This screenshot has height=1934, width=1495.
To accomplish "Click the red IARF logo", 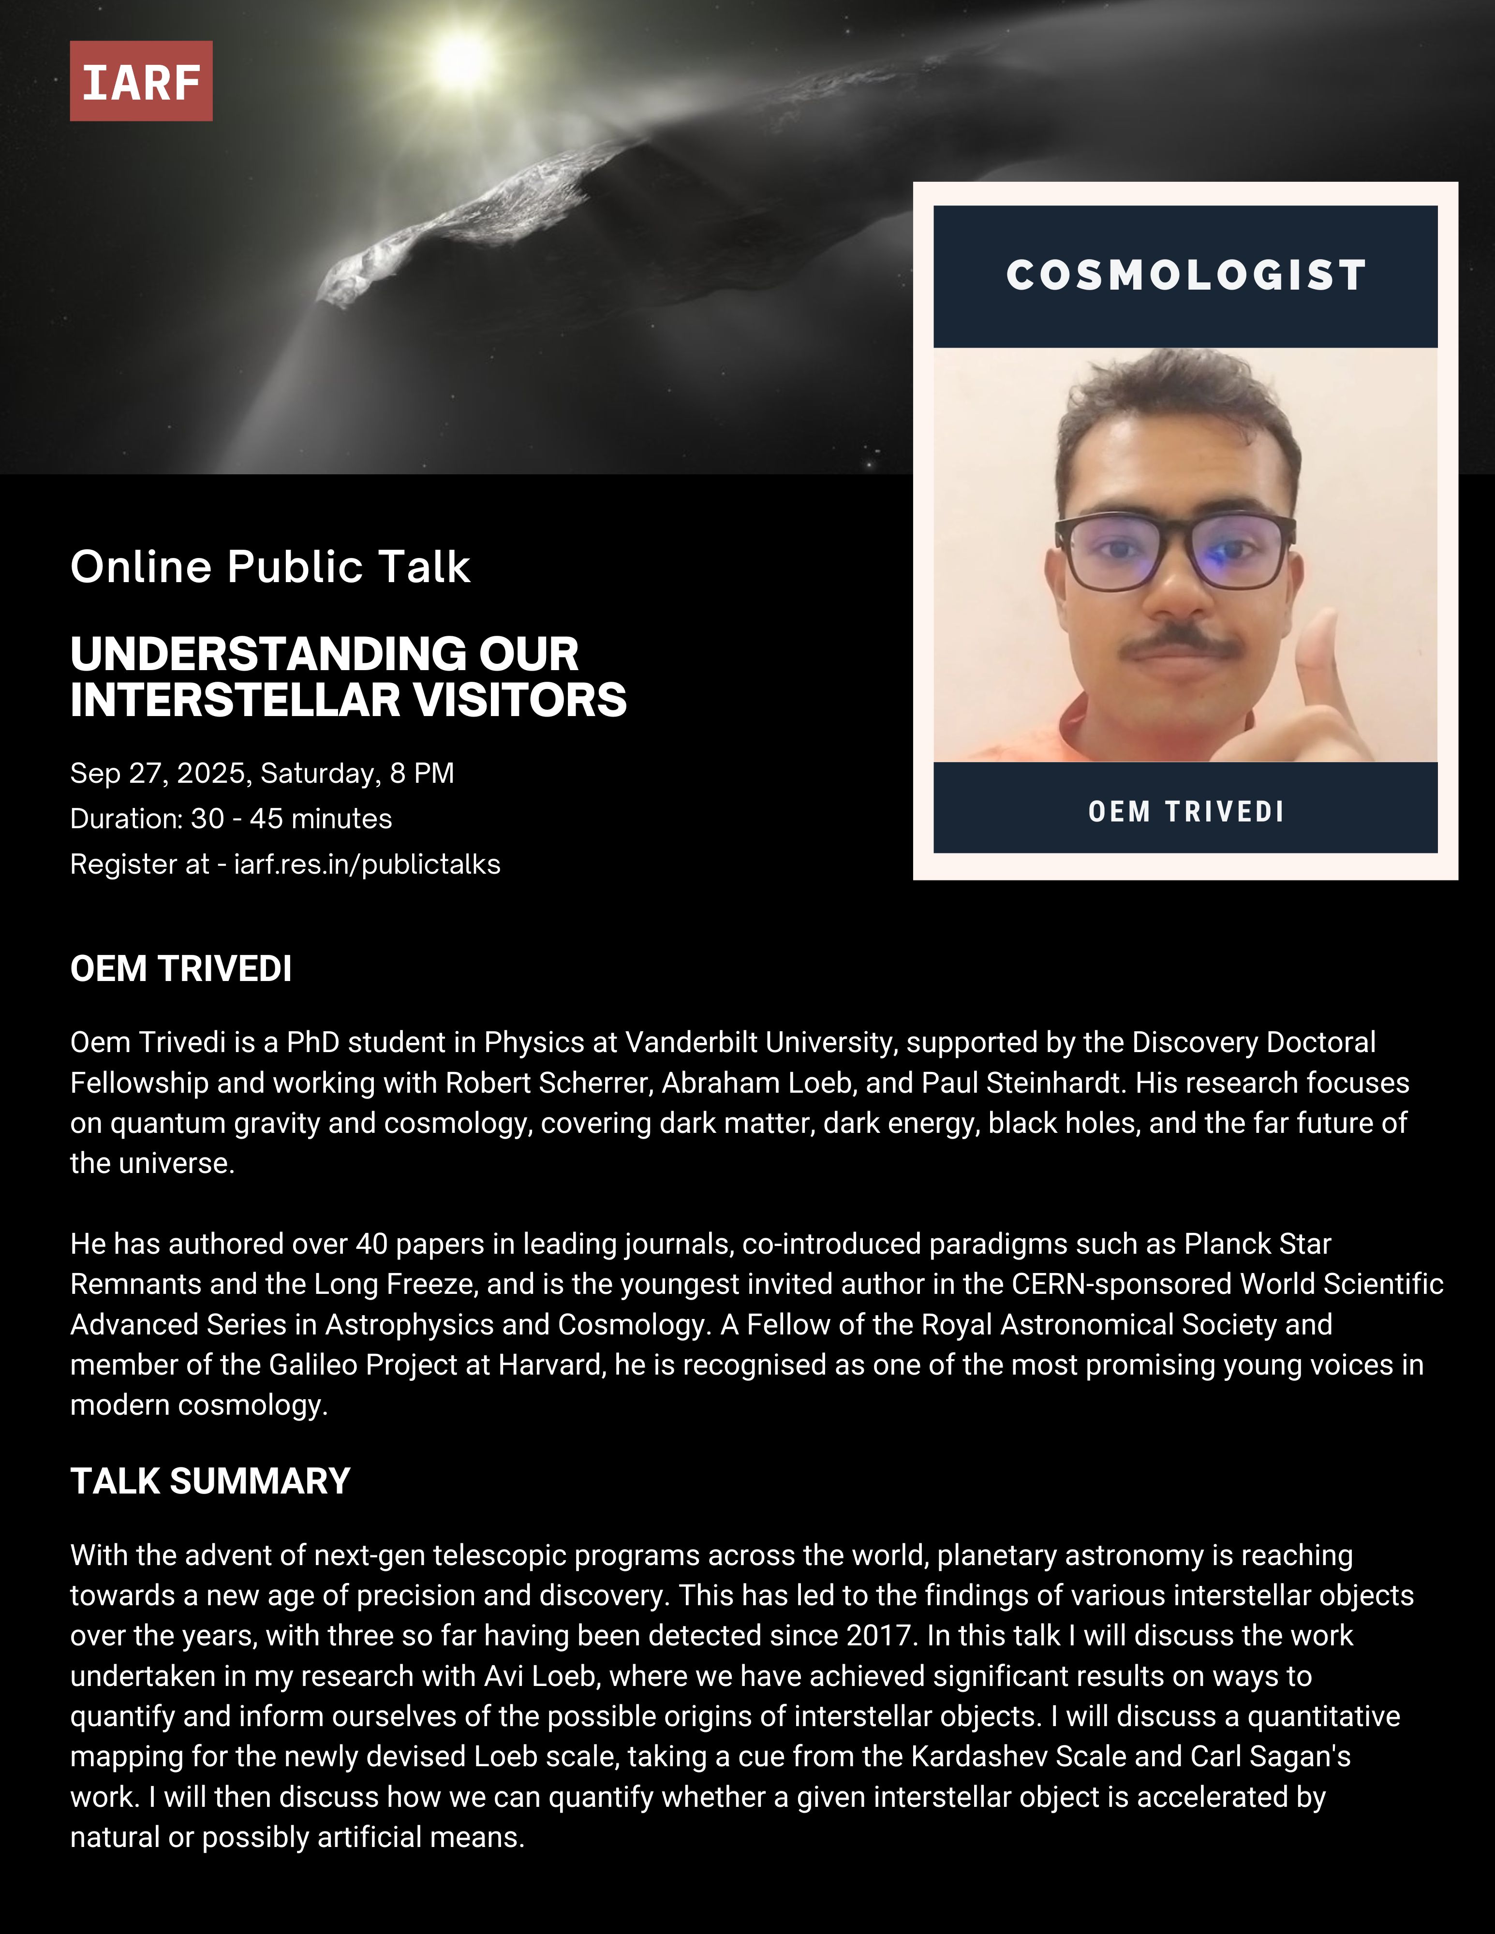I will (141, 81).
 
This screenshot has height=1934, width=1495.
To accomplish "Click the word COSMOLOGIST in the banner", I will (1186, 276).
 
